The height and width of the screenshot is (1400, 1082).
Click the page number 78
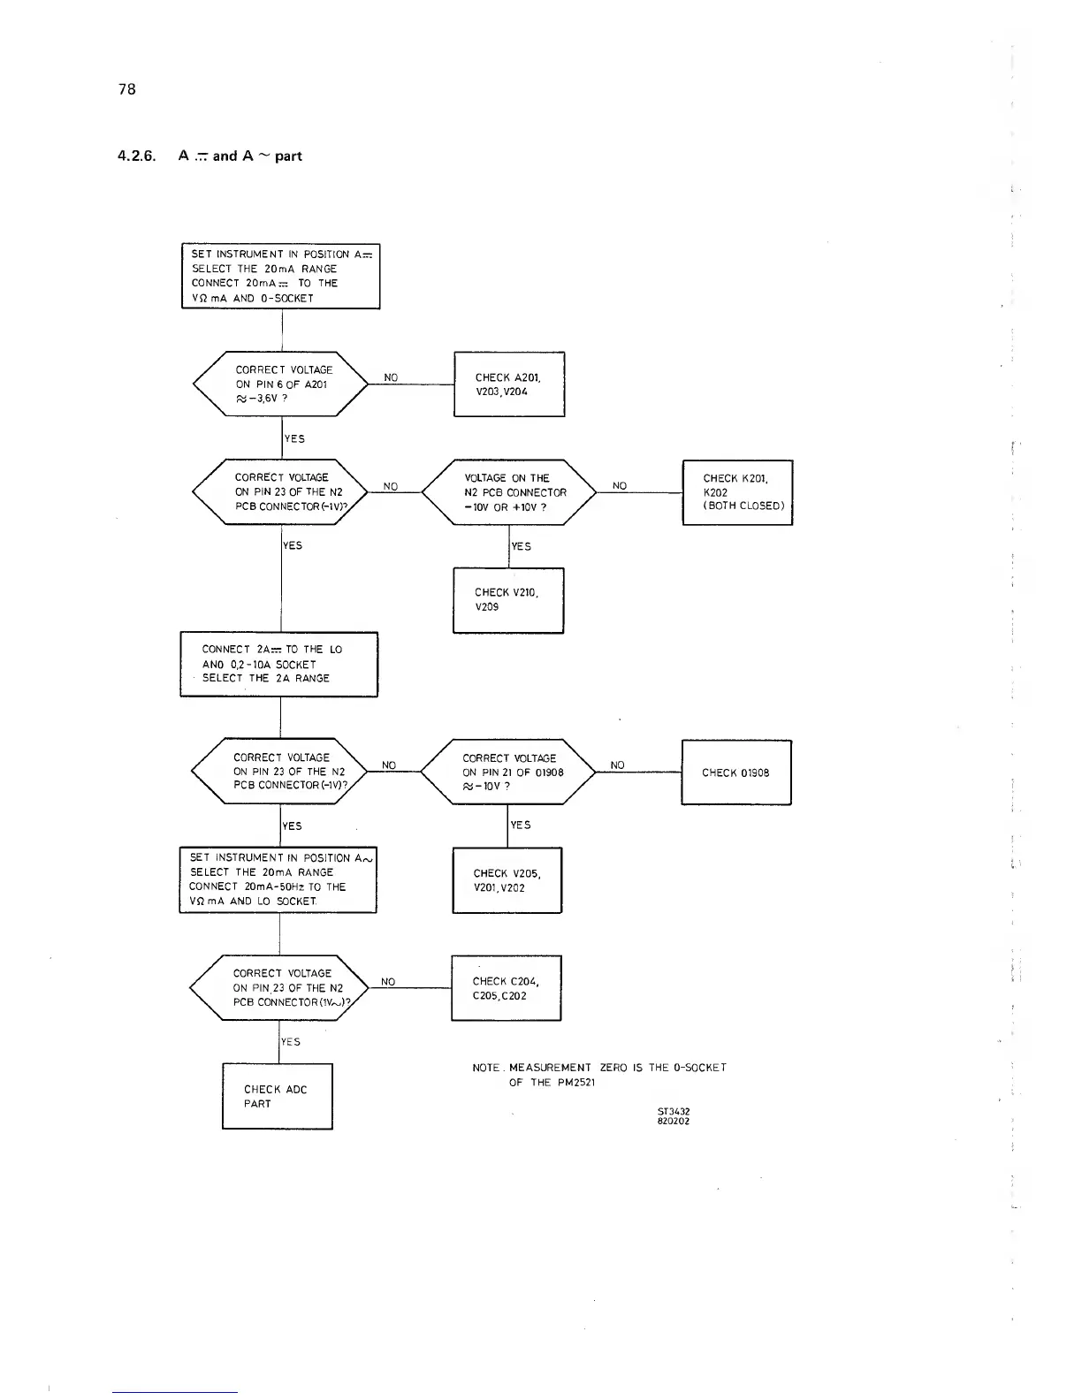[x=126, y=88]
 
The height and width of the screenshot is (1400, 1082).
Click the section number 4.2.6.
[x=136, y=156]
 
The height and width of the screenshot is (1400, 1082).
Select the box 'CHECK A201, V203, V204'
[x=508, y=384]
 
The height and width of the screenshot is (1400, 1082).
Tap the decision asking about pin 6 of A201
[x=281, y=384]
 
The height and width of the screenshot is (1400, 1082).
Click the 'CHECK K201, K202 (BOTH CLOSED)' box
[x=737, y=492]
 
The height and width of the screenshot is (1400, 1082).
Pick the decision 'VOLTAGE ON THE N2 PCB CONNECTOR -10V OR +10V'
[x=509, y=492]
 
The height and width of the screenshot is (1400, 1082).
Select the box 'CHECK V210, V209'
[x=507, y=600]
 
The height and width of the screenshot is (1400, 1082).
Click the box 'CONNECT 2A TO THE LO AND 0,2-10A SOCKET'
[x=279, y=664]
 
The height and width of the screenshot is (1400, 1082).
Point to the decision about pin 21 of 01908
[x=507, y=772]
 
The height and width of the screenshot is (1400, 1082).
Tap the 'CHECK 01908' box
[x=735, y=772]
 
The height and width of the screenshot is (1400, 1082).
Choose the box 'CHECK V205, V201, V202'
[x=507, y=880]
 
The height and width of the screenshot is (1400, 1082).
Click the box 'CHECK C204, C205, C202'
[x=506, y=988]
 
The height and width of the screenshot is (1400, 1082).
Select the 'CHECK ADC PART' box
[x=277, y=1096]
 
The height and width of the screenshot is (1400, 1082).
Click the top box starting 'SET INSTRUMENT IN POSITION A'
[x=280, y=276]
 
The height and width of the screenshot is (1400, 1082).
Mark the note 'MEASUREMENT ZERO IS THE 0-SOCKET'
[x=599, y=1068]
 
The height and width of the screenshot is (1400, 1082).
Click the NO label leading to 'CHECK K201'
[x=620, y=485]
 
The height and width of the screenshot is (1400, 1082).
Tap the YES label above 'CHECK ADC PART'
[x=291, y=1041]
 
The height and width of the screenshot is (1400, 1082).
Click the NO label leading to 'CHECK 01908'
[x=617, y=765]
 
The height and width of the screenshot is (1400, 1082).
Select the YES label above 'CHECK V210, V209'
[x=522, y=546]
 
